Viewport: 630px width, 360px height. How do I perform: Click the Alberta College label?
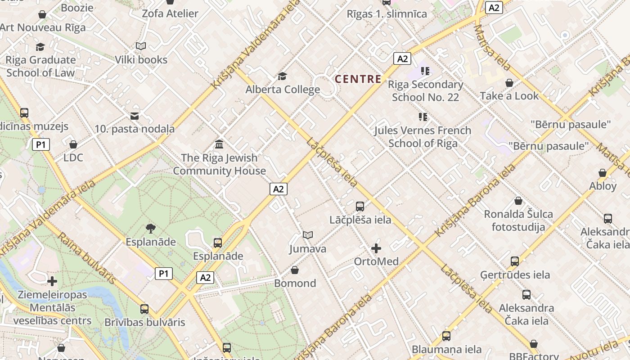(283, 90)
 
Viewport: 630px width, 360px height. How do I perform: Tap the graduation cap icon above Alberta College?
(283, 76)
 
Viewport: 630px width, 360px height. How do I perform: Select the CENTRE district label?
(358, 79)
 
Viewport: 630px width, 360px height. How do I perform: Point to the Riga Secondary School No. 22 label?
(425, 91)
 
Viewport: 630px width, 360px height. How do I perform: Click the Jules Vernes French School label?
(423, 137)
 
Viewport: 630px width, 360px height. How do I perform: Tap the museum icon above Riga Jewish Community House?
(219, 144)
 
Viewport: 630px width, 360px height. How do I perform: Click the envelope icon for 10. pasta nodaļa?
(135, 116)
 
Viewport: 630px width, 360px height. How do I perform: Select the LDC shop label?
(73, 157)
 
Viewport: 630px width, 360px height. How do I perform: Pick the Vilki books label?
(141, 60)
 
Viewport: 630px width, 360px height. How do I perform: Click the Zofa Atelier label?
(170, 13)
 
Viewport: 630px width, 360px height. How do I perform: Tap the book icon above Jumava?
(308, 235)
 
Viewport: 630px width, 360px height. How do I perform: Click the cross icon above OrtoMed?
(376, 248)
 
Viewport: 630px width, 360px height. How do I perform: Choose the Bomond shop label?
(295, 283)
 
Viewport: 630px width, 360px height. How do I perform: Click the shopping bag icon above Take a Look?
(509, 83)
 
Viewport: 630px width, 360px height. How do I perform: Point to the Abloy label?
(603, 186)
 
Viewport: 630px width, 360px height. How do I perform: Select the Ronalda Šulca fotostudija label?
(518, 220)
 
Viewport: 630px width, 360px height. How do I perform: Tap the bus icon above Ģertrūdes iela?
(515, 261)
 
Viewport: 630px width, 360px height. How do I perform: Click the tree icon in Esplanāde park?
(151, 229)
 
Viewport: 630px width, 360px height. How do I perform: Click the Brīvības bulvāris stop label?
(144, 322)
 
